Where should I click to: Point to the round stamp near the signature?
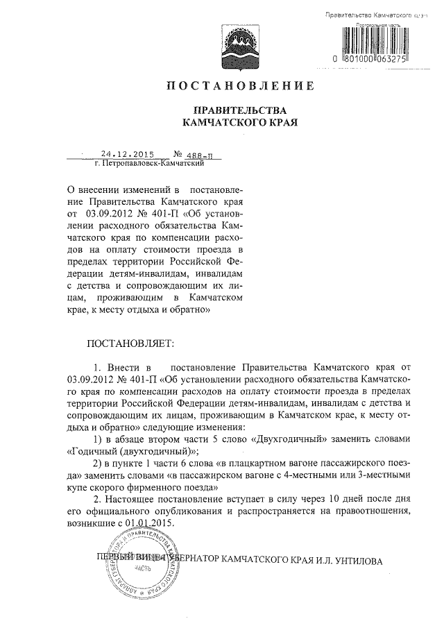(x=142, y=565)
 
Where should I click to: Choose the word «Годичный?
(x=92, y=451)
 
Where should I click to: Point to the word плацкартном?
(x=249, y=463)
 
